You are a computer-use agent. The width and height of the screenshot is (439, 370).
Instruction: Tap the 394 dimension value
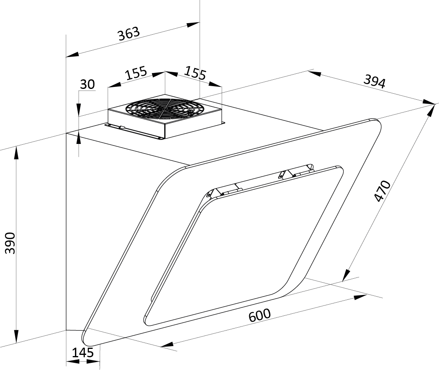[x=375, y=81]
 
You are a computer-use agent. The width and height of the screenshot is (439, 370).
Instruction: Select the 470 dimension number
[x=382, y=191]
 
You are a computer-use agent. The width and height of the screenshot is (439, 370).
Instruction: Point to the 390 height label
[x=10, y=243]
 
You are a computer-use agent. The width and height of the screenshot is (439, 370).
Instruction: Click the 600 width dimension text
[x=260, y=315]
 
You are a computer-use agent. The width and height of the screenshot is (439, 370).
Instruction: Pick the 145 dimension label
[x=83, y=352]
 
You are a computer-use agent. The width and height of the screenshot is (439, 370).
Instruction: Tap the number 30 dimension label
[x=87, y=84]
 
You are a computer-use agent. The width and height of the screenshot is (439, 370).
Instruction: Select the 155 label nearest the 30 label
[x=136, y=73]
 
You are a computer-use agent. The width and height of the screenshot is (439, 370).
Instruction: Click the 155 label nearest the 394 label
[x=195, y=73]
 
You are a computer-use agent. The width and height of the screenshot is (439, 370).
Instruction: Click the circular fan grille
[x=164, y=108]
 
